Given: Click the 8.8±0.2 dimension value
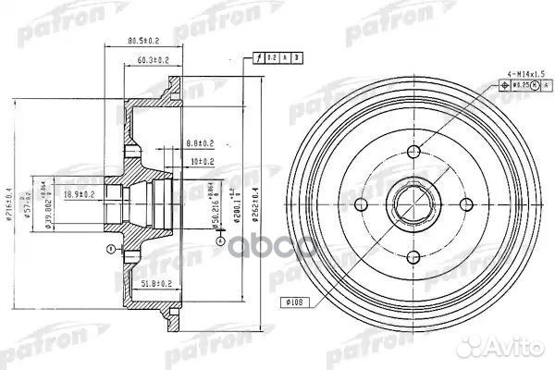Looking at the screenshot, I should pyautogui.click(x=200, y=143).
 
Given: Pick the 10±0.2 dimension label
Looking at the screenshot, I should pyautogui.click(x=202, y=161).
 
